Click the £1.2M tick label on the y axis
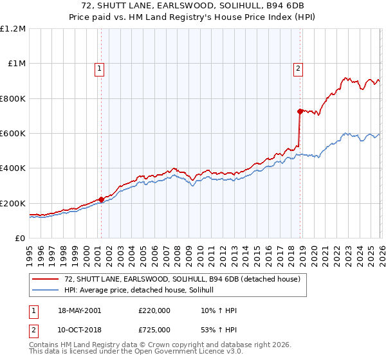(x=13, y=28)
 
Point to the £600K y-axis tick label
(x=13, y=134)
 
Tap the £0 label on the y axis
(x=20, y=239)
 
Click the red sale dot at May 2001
(x=101, y=199)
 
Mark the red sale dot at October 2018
(x=300, y=111)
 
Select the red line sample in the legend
(x=46, y=280)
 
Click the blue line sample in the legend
(x=46, y=291)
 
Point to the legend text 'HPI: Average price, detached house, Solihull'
(x=143, y=291)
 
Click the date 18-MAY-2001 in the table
(x=79, y=310)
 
